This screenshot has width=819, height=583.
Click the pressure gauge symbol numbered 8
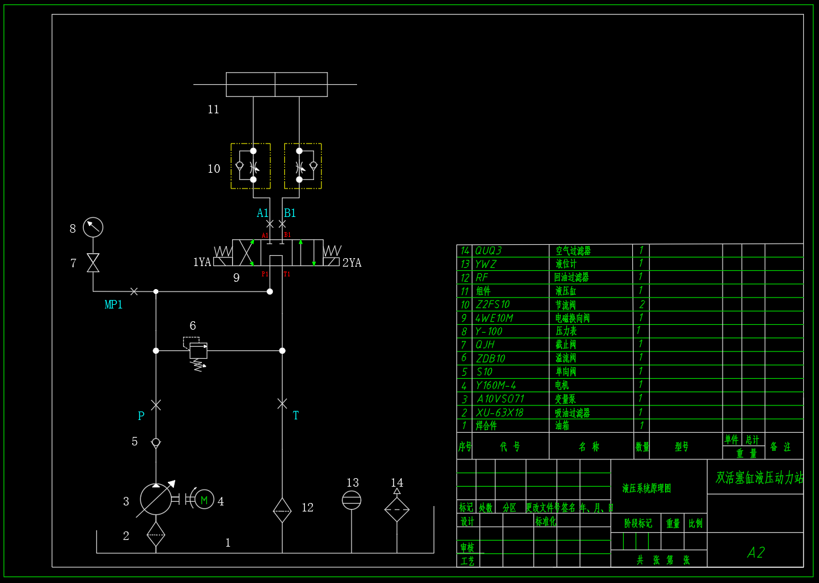point(93,227)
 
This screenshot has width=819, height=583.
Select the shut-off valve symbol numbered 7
point(93,263)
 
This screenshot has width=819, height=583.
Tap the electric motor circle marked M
point(204,500)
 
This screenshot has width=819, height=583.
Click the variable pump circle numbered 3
point(156,499)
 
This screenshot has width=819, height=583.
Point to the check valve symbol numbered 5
point(156,442)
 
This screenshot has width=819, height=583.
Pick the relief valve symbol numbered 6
point(198,351)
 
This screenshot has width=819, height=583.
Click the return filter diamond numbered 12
point(282,510)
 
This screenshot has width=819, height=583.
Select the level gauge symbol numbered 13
point(352,501)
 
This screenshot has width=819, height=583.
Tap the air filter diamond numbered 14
point(397,510)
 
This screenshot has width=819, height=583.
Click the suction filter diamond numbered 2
point(156,534)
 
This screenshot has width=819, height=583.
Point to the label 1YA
point(202,262)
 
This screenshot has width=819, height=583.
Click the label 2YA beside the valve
point(352,263)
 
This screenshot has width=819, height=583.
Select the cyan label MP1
point(113,304)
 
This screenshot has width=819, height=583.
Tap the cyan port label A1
point(262,213)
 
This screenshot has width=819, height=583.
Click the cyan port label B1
point(290,213)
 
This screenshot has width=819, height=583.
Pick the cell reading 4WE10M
point(494,318)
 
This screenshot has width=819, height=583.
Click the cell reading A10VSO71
point(500,399)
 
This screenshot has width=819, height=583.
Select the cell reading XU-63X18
point(500,413)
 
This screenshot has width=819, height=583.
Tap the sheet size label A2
point(756,552)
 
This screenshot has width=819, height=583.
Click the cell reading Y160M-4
point(496,385)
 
